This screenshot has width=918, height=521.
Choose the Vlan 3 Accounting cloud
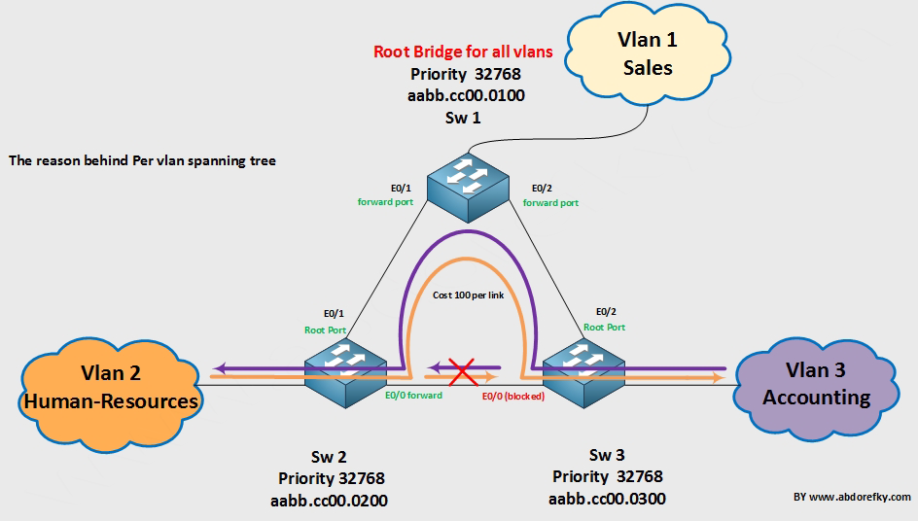tap(816, 385)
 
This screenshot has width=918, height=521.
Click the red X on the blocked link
tap(462, 370)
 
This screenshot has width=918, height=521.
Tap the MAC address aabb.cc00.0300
tap(608, 498)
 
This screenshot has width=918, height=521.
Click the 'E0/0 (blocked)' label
tap(512, 396)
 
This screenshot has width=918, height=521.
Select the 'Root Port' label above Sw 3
tap(604, 328)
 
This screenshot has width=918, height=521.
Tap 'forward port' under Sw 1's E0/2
tap(550, 202)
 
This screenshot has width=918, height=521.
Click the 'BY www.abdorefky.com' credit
tap(852, 497)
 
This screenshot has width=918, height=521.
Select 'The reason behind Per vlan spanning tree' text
tap(142, 160)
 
